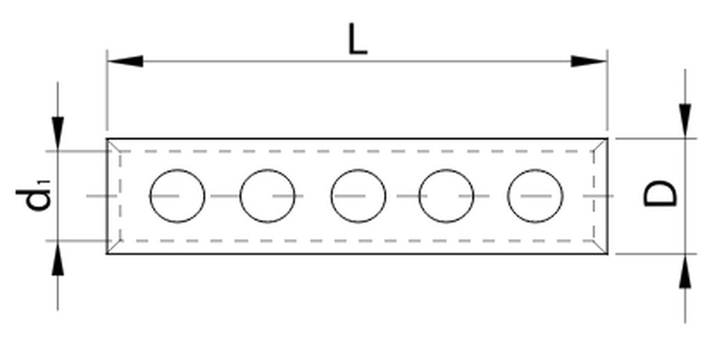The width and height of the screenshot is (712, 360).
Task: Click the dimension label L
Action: (357, 39)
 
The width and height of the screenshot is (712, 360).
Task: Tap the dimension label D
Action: (661, 193)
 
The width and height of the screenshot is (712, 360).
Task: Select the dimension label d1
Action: (35, 195)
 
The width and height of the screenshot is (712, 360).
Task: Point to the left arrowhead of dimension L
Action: (125, 61)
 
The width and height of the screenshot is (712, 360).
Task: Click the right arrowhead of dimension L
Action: (589, 61)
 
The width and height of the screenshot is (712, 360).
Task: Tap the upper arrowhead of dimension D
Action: (685, 121)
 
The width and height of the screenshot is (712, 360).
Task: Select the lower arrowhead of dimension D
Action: (685, 271)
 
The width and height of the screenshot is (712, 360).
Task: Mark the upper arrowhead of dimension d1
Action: (58, 133)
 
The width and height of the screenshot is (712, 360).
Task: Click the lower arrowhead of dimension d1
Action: (58, 258)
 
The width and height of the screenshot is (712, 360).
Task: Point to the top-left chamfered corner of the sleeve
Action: (114, 145)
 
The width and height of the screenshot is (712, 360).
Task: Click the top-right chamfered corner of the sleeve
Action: (600, 145)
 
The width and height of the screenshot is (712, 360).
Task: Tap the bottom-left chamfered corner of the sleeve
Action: (114, 247)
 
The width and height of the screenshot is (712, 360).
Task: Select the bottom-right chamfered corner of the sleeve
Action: (600, 247)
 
